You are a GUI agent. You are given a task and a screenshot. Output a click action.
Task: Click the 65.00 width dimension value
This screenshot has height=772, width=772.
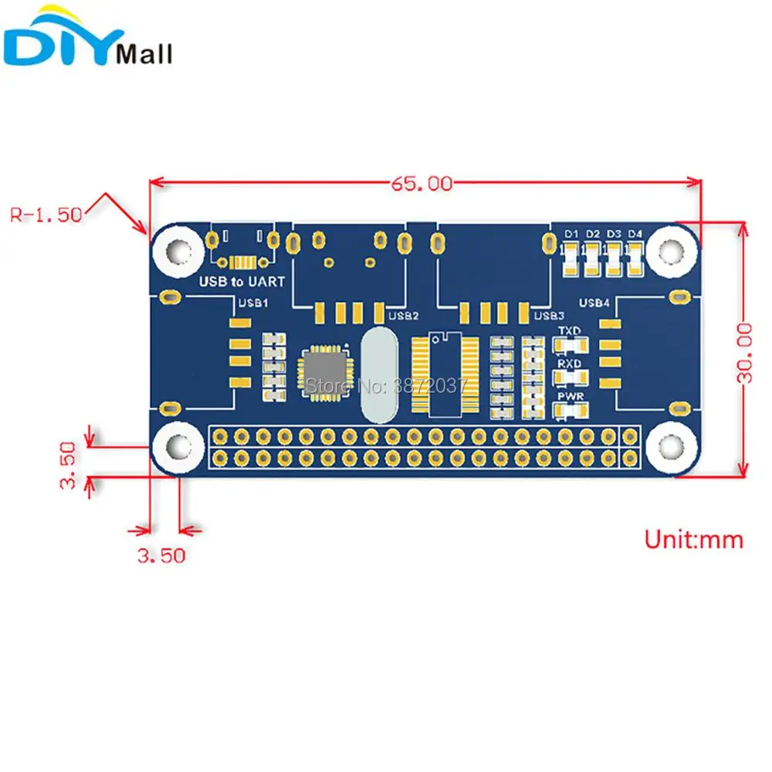coord(421,184)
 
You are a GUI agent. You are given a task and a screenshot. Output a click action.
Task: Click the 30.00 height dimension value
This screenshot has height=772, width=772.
coord(744,352)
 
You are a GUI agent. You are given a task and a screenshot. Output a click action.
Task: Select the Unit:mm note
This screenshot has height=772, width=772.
coord(694,539)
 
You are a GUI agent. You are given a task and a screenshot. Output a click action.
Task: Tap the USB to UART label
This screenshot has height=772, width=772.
coord(242,282)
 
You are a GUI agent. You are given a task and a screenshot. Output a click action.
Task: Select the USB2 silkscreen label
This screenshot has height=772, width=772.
coord(403,315)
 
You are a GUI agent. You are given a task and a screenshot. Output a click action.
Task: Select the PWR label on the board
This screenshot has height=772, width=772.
coord(570,397)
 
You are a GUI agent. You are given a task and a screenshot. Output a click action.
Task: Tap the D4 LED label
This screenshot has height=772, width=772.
coord(635,233)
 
